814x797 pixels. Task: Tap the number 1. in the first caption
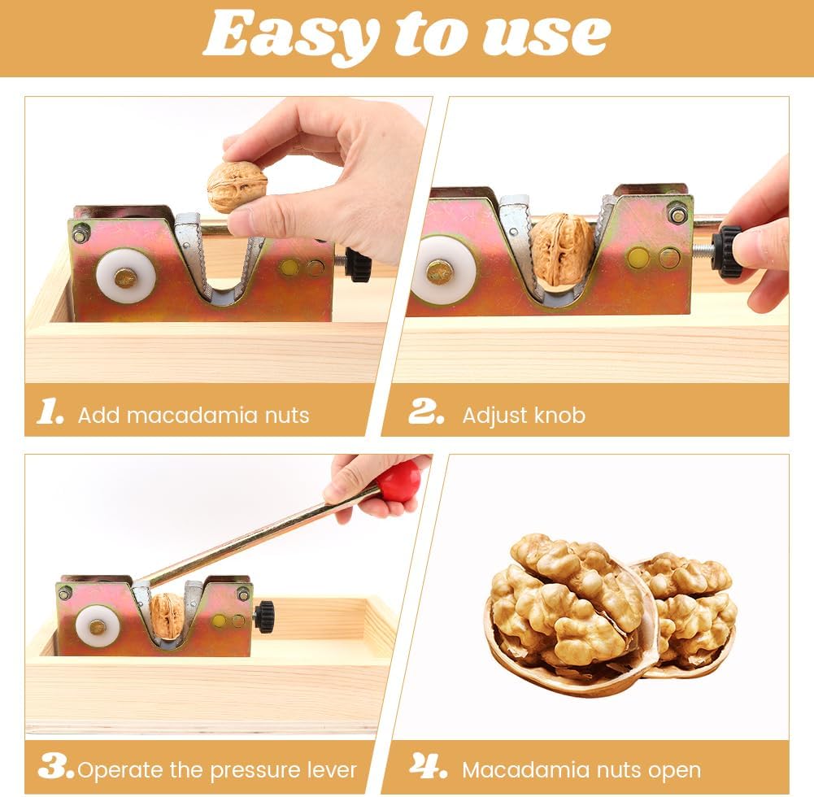[x=50, y=412]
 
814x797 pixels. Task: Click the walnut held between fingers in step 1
[x=237, y=185]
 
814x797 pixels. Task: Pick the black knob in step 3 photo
[x=264, y=616]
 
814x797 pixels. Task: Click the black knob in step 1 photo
[x=357, y=265]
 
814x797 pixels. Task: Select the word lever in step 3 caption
[x=329, y=769]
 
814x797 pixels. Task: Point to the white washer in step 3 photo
[x=98, y=626]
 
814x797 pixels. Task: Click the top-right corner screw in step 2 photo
[x=677, y=214]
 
